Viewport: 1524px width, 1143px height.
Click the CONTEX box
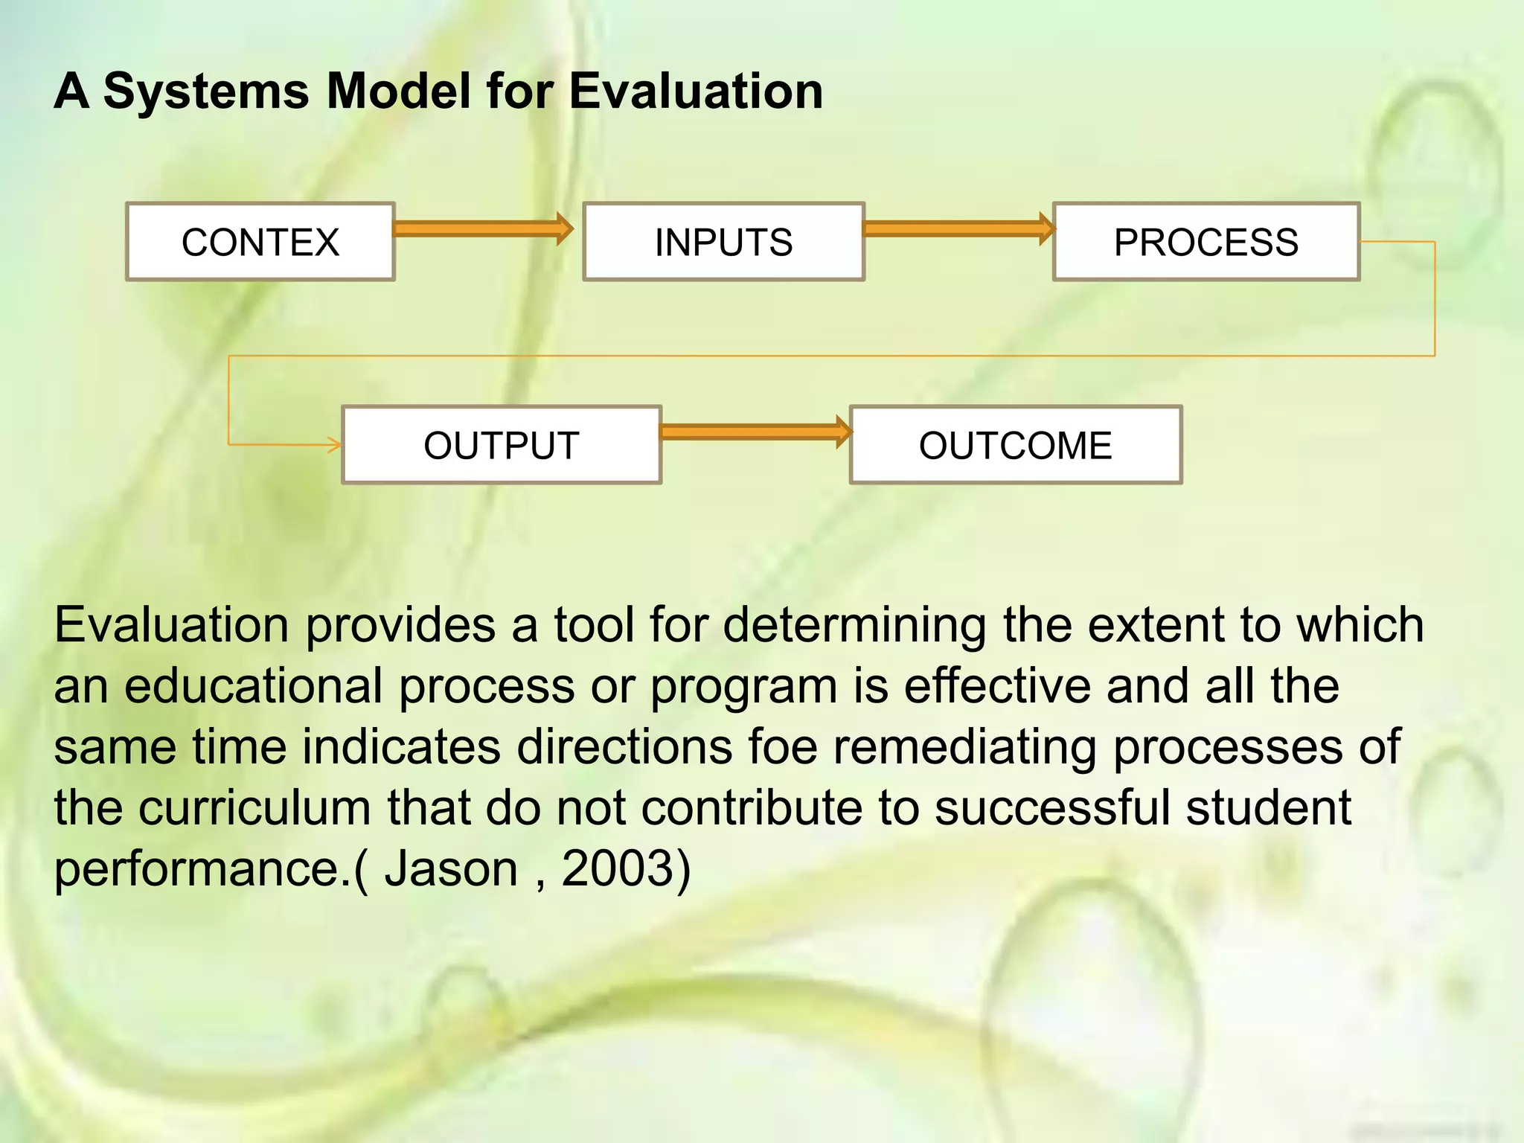(260, 242)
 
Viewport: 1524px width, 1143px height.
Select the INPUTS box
(723, 242)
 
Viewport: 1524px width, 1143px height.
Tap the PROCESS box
(1206, 242)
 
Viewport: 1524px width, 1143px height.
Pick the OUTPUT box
(501, 445)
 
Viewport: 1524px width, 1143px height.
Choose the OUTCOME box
(1015, 445)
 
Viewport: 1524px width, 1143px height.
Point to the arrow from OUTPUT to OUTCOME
(755, 432)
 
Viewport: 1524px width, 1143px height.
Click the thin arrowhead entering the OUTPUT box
(334, 445)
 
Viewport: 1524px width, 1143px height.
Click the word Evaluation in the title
(695, 92)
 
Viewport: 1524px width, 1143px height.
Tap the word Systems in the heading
(206, 92)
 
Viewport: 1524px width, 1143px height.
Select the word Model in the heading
(399, 92)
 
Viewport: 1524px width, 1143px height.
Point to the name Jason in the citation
(451, 868)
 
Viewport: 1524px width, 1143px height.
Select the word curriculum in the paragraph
(254, 807)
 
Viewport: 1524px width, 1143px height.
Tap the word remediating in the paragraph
(964, 746)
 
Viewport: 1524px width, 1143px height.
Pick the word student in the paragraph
(1268, 807)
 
